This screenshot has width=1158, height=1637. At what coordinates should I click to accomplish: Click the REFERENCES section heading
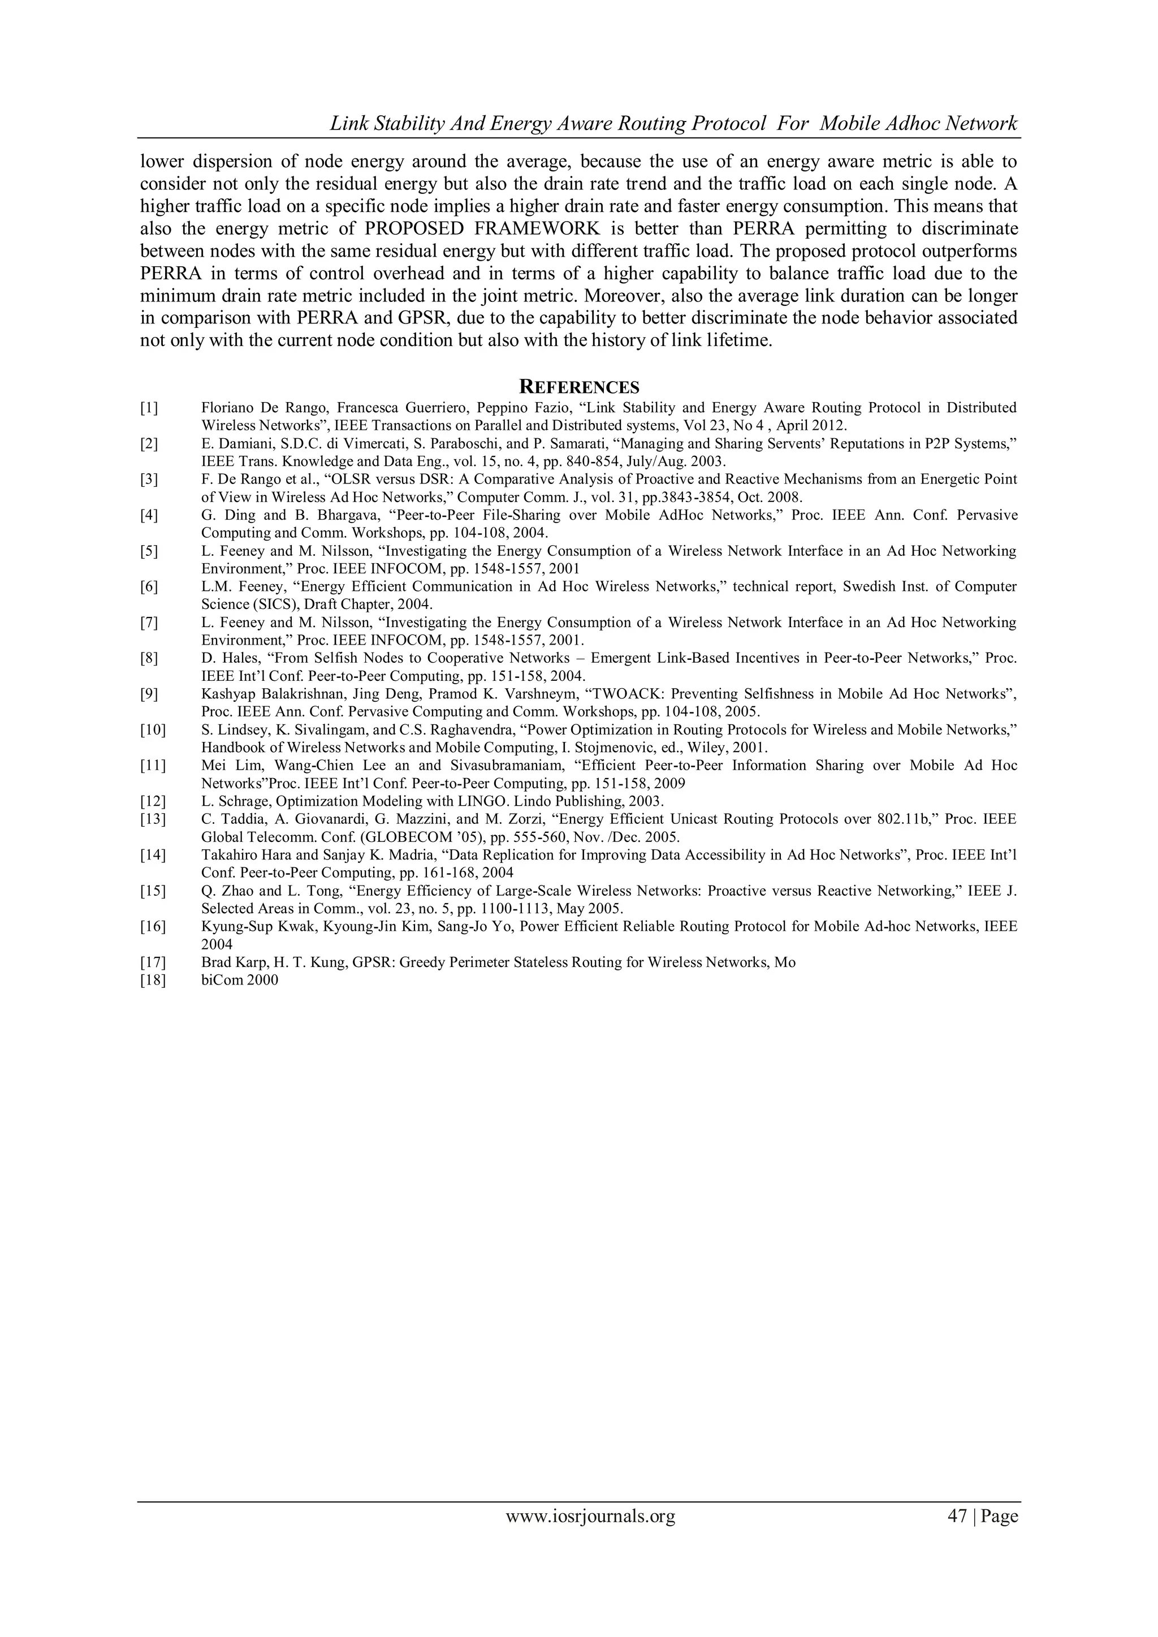[578, 387]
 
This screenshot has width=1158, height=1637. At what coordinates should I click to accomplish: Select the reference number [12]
[152, 801]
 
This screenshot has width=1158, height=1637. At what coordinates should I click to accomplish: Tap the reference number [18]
[152, 979]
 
